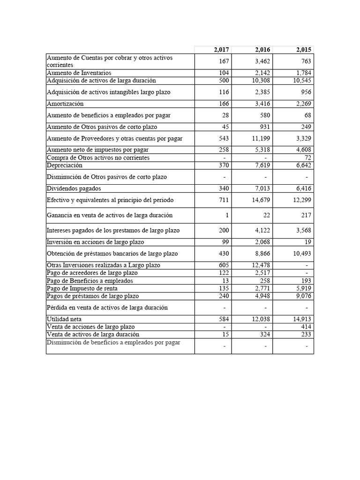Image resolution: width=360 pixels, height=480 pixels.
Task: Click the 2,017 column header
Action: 221,50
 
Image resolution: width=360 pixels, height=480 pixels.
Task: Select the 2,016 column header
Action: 262,50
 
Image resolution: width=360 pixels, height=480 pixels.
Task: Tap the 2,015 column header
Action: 304,50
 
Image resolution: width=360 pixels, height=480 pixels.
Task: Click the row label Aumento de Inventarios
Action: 79,73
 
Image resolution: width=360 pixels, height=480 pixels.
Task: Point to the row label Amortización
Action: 65,104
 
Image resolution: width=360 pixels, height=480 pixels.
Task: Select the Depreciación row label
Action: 65,165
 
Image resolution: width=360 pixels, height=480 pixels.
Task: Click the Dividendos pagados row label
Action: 74,188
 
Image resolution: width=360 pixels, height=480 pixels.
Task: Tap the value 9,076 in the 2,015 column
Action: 304,296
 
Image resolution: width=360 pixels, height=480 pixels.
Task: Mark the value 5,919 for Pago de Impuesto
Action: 304,288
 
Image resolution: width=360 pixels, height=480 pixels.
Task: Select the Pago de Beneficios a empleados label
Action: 90,281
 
